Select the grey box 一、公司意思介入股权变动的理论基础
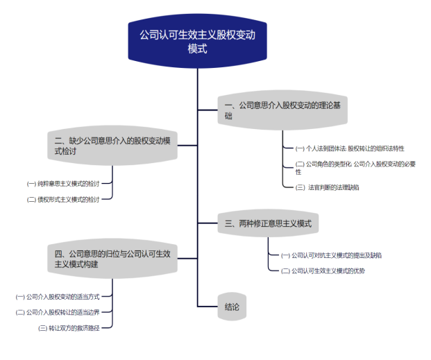[x=282, y=111]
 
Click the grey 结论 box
[x=233, y=307]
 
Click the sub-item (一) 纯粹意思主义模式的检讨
[x=63, y=184]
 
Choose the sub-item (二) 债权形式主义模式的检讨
[x=63, y=199]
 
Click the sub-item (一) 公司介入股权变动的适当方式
[x=62, y=296]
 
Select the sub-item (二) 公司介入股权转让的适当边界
[x=62, y=312]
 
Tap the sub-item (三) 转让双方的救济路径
[x=74, y=327]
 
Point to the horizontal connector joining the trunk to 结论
[x=207, y=307]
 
